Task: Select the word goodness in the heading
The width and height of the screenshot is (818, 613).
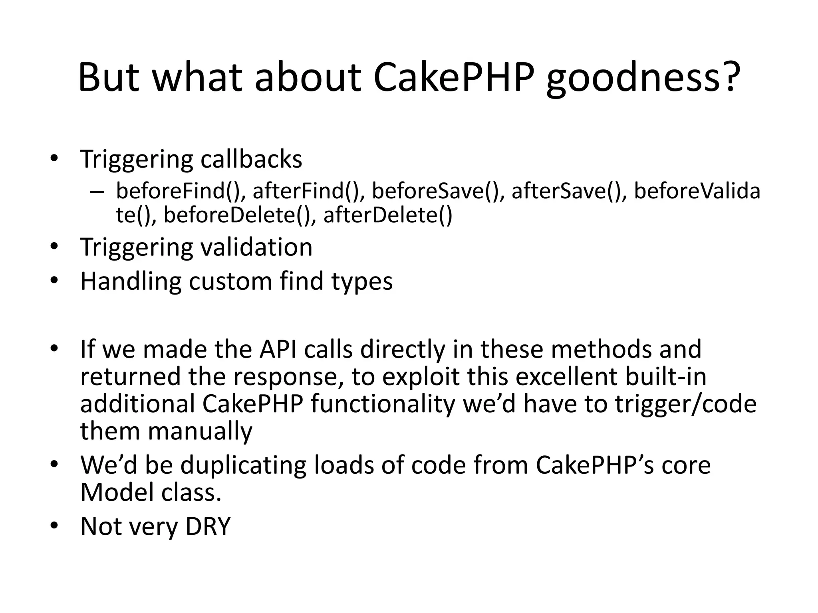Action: point(634,80)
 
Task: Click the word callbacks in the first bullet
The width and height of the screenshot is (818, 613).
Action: point(251,159)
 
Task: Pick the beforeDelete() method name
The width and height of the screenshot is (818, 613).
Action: point(237,216)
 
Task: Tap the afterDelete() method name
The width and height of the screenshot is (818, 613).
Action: point(388,216)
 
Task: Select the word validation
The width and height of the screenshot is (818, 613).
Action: point(256,247)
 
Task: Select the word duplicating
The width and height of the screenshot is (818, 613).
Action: point(243,466)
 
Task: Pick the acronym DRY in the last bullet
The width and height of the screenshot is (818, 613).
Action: point(208,526)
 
